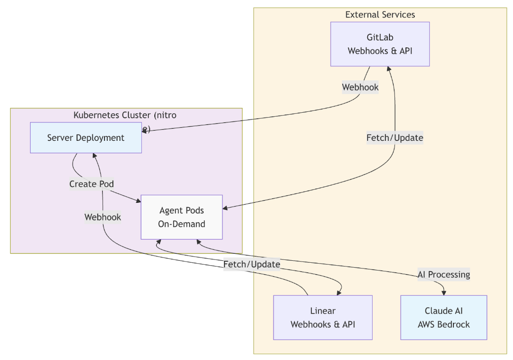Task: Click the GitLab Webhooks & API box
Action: (380, 44)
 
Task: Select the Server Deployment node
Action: (86, 138)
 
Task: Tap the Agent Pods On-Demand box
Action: (181, 217)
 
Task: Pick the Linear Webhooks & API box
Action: (323, 317)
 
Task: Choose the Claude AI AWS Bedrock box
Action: (444, 317)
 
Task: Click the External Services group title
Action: (380, 15)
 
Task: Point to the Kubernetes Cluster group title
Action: (125, 115)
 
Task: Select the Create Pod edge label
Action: (91, 184)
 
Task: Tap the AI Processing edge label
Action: (444, 274)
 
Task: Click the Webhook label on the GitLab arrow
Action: (360, 88)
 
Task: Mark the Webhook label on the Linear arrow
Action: (103, 217)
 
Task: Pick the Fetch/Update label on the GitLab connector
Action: (395, 138)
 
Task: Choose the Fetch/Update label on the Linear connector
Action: (252, 264)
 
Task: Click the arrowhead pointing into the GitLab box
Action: (390, 70)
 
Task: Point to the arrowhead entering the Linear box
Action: (339, 292)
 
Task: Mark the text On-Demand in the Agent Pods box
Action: (181, 224)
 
